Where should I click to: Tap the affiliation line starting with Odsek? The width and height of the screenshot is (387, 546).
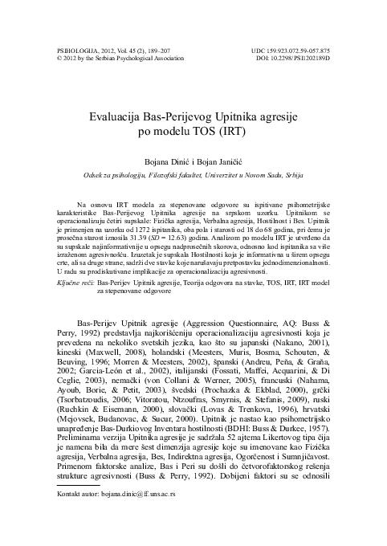click(193, 174)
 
